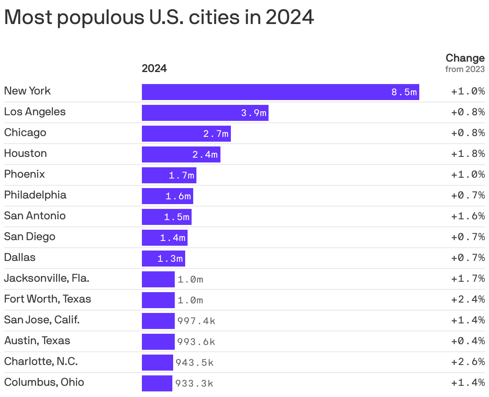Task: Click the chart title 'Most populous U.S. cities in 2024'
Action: click(159, 17)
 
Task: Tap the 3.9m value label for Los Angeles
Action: click(253, 113)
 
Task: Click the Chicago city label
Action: click(25, 132)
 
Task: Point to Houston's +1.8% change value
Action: click(468, 154)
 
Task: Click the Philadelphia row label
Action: click(35, 195)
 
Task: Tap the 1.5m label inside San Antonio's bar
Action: click(176, 217)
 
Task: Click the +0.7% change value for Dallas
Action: click(468, 258)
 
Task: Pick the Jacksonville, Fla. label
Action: click(46, 278)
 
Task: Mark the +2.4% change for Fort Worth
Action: click(468, 299)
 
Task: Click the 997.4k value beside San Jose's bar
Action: click(196, 321)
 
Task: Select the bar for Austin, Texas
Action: click(158, 342)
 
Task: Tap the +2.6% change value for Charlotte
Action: click(468, 362)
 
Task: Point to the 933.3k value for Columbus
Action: click(194, 383)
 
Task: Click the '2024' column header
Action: click(154, 68)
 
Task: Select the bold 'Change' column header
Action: click(465, 58)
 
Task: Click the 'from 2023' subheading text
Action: click(465, 69)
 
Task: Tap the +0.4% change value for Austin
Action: click(468, 341)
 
